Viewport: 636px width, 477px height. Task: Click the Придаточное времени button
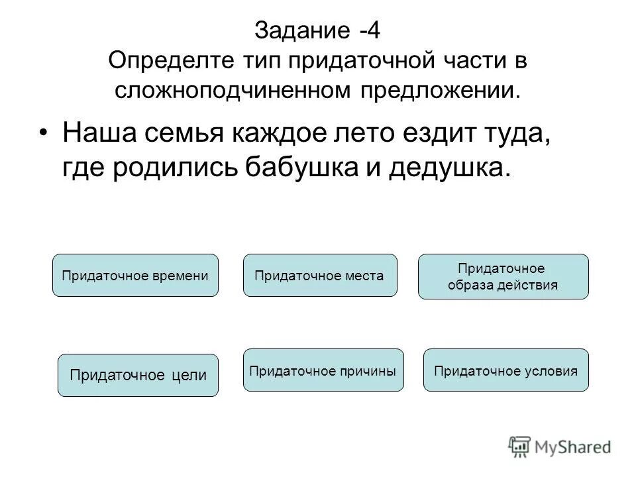[x=135, y=275]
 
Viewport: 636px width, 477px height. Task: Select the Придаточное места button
[x=321, y=275]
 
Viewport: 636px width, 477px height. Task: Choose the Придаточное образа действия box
[x=503, y=277]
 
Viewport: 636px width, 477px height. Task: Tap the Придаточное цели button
[x=138, y=375]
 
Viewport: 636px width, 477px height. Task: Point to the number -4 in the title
[x=370, y=31]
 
